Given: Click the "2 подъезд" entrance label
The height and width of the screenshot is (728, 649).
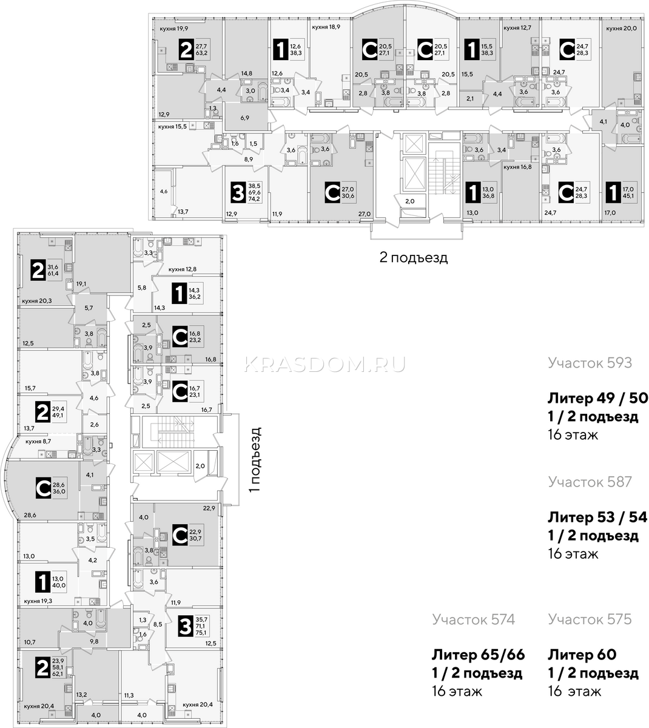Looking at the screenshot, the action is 414,258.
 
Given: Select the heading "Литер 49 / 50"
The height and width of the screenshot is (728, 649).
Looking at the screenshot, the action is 597,398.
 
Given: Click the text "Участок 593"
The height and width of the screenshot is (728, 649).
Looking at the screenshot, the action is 590,363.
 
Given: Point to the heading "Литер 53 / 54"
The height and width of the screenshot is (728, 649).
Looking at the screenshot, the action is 597,517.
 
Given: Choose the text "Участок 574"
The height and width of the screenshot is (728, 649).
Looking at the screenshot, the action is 473,619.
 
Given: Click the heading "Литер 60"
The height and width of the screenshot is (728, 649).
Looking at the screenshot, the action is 582,655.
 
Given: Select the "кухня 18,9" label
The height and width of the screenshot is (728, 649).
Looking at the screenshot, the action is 326,27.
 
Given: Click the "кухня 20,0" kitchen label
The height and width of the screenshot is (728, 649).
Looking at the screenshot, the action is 621,28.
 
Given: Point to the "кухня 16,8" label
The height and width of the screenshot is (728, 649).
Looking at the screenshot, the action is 517,167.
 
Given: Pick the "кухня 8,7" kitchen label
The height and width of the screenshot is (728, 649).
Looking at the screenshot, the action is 38,441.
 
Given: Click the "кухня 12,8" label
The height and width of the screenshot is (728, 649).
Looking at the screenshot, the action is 183,269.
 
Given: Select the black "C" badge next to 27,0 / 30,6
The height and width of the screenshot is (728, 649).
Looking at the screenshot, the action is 332,194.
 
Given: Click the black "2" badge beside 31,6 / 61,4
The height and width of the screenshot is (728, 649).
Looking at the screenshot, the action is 38,270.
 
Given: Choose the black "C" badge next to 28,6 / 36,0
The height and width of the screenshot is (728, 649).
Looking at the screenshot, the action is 43,488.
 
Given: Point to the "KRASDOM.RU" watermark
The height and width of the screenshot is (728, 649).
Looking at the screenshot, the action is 325,365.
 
